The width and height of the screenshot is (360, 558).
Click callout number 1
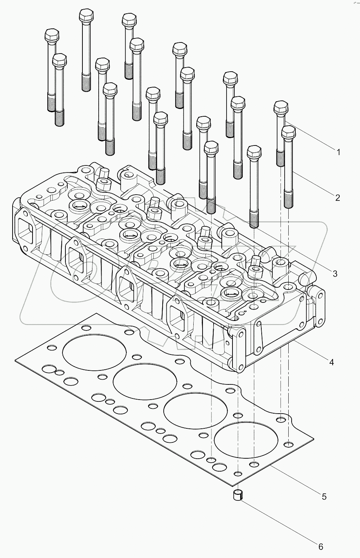click(338, 152)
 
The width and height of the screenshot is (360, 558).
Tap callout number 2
click(337, 198)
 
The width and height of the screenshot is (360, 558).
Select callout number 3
click(335, 274)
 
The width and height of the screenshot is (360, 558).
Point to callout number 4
click(332, 362)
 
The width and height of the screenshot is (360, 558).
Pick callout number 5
click(324, 497)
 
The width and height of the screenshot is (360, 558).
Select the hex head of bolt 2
click(288, 132)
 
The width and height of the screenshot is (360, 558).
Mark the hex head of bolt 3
click(254, 152)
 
